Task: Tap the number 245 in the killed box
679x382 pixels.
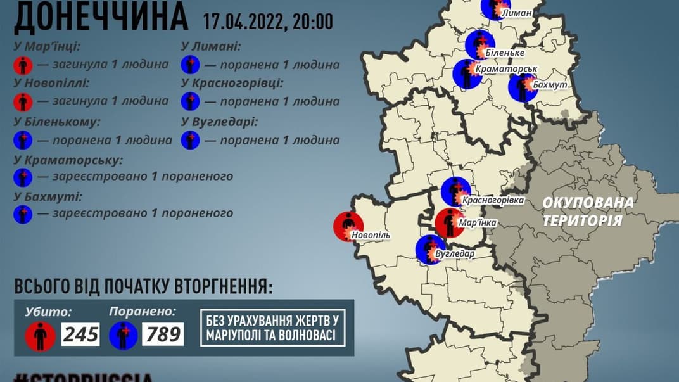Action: click(80, 333)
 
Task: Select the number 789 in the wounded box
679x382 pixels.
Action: click(163, 333)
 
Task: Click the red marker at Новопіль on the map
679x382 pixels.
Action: click(348, 226)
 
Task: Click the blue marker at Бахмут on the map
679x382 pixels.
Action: click(523, 88)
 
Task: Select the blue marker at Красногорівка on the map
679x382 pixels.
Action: click(455, 192)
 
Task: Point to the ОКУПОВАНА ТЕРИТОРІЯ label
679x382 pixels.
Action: click(587, 212)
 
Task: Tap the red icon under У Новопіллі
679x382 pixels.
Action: click(23, 101)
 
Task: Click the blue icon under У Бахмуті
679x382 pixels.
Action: click(23, 213)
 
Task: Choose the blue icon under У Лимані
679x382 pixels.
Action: click(190, 64)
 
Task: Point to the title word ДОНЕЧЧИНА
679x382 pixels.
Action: click(101, 17)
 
